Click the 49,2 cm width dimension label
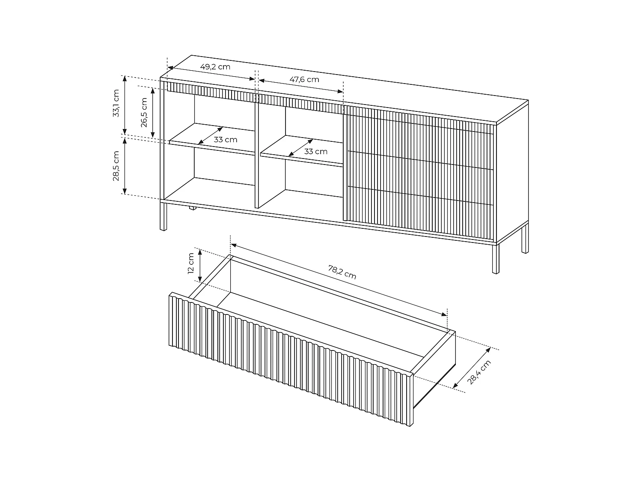click(x=215, y=67)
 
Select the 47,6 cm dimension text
click(x=304, y=79)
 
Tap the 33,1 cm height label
click(x=116, y=103)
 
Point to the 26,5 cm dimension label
click(x=144, y=112)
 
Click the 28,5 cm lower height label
click(x=116, y=166)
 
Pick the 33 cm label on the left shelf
click(x=225, y=140)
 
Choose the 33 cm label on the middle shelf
click(x=315, y=152)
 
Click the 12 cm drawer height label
click(x=191, y=263)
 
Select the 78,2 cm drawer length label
click(x=342, y=272)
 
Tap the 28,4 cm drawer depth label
click(x=479, y=372)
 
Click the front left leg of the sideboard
click(x=163, y=216)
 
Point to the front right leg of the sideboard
click(x=496, y=259)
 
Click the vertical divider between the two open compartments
click(x=256, y=155)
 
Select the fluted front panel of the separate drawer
click(x=291, y=359)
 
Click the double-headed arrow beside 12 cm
click(x=200, y=266)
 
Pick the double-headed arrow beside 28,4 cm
click(x=472, y=368)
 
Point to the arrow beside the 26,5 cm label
click(x=153, y=112)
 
